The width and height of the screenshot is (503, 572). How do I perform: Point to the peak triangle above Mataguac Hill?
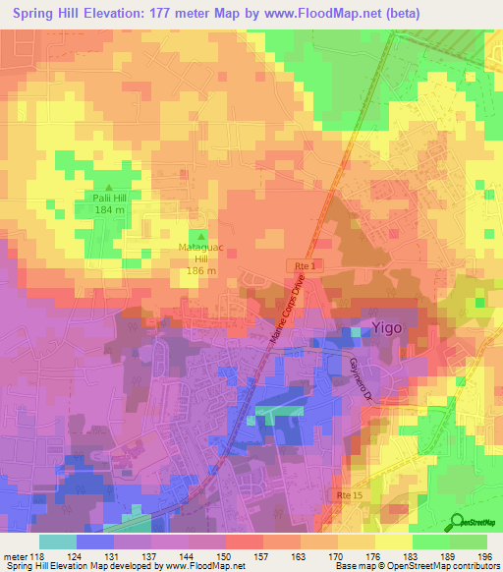point(200,237)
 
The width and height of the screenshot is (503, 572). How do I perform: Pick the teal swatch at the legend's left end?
point(58,542)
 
